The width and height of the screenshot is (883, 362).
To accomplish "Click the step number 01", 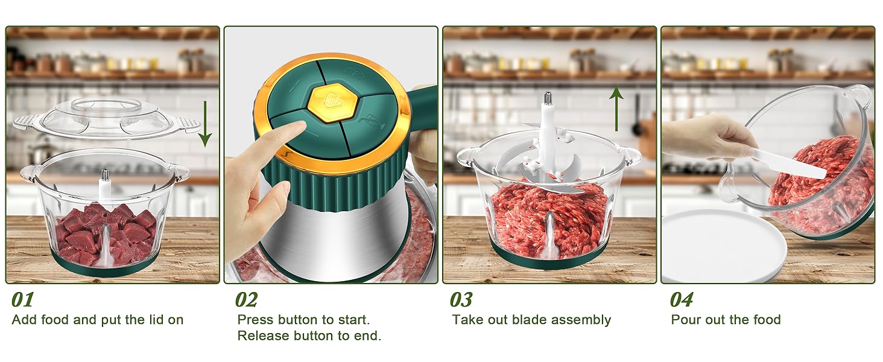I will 23,300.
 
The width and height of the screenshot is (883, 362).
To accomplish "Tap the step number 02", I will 246,300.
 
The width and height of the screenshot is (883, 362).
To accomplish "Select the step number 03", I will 461,300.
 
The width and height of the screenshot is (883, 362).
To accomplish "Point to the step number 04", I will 682,300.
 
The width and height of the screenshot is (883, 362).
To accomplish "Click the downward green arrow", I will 205,124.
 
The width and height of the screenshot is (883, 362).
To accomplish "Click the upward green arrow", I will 616,109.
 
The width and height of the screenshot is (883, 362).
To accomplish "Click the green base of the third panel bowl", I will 549,261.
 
